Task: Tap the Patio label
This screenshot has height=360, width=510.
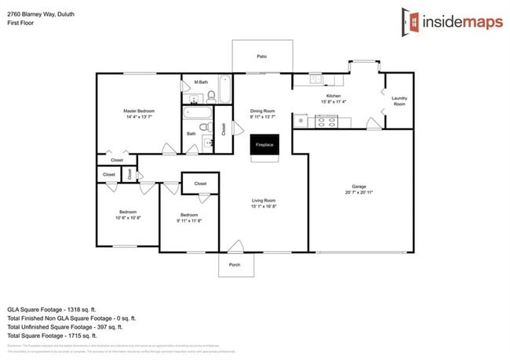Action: pos(263,56)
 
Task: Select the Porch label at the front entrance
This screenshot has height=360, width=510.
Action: pos(235,264)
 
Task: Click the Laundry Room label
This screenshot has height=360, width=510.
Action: pos(399,100)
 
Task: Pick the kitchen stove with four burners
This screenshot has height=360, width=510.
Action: pos(325,121)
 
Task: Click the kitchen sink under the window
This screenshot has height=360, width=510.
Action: pos(315,78)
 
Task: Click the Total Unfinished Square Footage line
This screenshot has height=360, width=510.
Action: pos(71,328)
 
